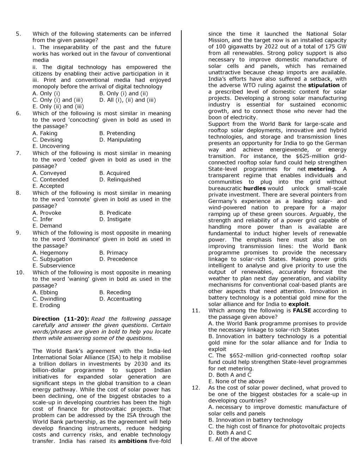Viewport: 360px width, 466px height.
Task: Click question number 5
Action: pos(18,34)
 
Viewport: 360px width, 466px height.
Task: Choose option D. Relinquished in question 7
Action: pos(120,179)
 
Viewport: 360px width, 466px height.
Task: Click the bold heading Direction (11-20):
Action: pos(60,319)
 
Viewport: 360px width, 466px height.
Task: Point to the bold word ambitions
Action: pos(132,441)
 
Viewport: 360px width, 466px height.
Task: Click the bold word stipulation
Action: pos(324,85)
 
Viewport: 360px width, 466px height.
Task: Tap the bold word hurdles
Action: pos(254,188)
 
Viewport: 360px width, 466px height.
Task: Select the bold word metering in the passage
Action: pos(321,169)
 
